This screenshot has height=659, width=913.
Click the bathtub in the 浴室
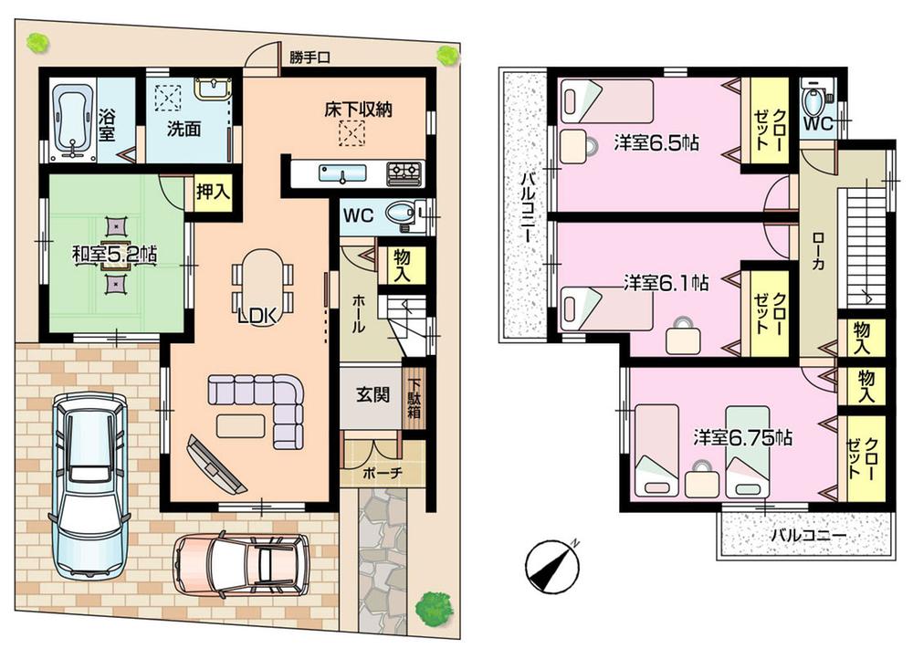coord(70,118)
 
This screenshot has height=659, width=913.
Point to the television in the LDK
coord(215,465)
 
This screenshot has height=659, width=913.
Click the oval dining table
coord(262,279)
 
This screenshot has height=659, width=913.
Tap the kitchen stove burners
coord(404,172)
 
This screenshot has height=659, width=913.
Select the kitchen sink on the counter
coord(341,173)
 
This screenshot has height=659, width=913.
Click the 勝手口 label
coord(310,58)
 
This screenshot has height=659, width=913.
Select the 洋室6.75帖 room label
coord(742,437)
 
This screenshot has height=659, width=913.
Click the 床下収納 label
coord(358,109)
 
